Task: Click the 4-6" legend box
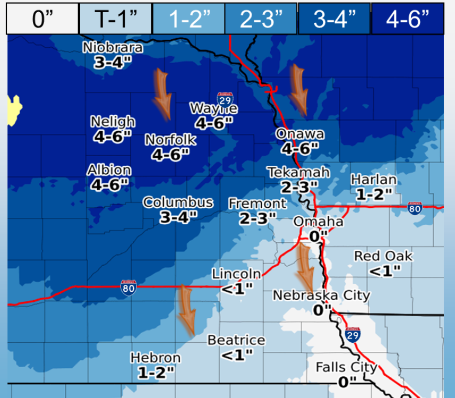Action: (407, 19)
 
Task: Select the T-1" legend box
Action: (116, 19)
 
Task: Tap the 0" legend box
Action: (42, 19)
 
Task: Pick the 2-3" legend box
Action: (260, 19)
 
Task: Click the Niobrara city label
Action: (113, 48)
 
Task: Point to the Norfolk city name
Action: (170, 140)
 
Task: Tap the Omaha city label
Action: (319, 221)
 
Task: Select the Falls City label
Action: (346, 367)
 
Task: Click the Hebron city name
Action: (156, 358)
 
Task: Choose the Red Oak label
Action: (383, 256)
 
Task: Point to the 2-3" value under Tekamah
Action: (299, 187)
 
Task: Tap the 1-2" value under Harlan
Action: (374, 194)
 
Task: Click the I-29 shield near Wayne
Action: (224, 98)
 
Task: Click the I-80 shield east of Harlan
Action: (415, 208)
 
